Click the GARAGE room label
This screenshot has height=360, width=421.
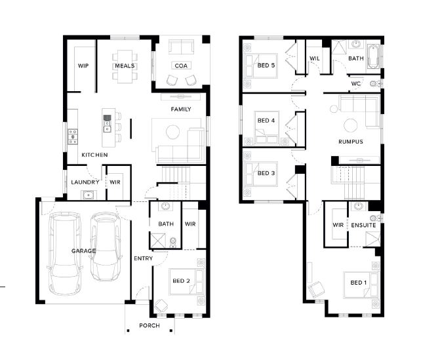tap(83, 251)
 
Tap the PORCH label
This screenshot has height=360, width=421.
tap(150, 326)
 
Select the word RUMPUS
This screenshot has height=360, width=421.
tap(351, 142)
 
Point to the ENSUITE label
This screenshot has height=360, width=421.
tap(363, 225)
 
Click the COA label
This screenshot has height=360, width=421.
tap(181, 66)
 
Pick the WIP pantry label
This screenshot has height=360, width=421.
tap(83, 66)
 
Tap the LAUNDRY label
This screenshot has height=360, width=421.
tap(85, 182)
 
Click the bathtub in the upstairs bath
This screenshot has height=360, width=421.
tap(373, 57)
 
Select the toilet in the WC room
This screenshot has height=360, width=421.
tap(374, 84)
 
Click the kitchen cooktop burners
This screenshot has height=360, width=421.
tap(73, 136)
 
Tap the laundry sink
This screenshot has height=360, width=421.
tap(88, 195)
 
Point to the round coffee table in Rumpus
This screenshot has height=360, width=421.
tap(351, 126)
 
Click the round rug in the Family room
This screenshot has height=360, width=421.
tap(173, 132)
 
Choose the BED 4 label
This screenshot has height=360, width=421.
tap(266, 121)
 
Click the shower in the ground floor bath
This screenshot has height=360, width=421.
tap(158, 240)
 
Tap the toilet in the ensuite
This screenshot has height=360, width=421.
tap(375, 218)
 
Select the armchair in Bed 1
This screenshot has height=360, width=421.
tap(316, 289)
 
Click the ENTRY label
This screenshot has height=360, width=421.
tap(144, 258)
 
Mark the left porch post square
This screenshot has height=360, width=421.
tap(128, 330)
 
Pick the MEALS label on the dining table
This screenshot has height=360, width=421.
tap(125, 66)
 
